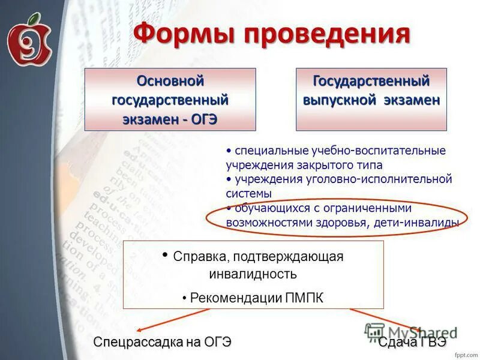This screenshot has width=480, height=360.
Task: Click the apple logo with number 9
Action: coord(29,41)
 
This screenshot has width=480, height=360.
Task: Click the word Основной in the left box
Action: coord(170,80)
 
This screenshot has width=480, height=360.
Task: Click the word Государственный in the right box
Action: coord(371,80)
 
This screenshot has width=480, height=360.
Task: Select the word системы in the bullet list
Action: coord(248,194)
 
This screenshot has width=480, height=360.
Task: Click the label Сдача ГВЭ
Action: coord(412,342)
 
